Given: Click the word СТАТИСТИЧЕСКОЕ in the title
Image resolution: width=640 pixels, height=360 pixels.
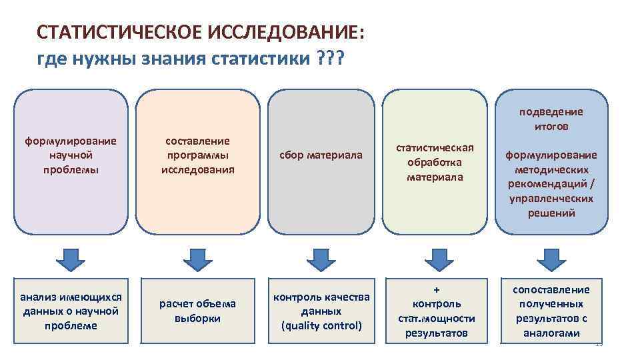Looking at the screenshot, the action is (121, 33).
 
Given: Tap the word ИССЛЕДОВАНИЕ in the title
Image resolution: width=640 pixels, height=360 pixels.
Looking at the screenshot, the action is (287, 33).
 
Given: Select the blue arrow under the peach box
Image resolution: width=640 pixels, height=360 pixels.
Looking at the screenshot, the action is (197, 259).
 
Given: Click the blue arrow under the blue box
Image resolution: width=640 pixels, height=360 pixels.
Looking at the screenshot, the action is (551, 259).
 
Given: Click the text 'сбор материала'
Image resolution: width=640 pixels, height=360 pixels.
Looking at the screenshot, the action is (321, 155).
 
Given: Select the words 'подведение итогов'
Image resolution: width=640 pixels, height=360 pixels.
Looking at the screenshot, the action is (551, 119).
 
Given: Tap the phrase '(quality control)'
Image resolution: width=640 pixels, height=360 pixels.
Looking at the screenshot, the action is (321, 326).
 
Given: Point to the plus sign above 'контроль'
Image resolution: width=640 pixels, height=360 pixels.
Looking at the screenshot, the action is (437, 290).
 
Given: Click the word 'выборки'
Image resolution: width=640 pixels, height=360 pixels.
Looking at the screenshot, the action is (197, 318).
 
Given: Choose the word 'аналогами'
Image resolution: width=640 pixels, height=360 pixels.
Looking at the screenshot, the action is (551, 333).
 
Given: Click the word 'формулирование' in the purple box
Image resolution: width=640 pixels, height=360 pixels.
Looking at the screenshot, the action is (71, 141).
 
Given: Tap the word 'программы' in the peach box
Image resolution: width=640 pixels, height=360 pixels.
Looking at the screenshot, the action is (197, 155).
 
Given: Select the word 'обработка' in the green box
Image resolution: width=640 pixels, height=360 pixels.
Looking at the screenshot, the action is (435, 163).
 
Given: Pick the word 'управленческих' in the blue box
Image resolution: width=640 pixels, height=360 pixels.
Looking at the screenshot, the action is (551, 199).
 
